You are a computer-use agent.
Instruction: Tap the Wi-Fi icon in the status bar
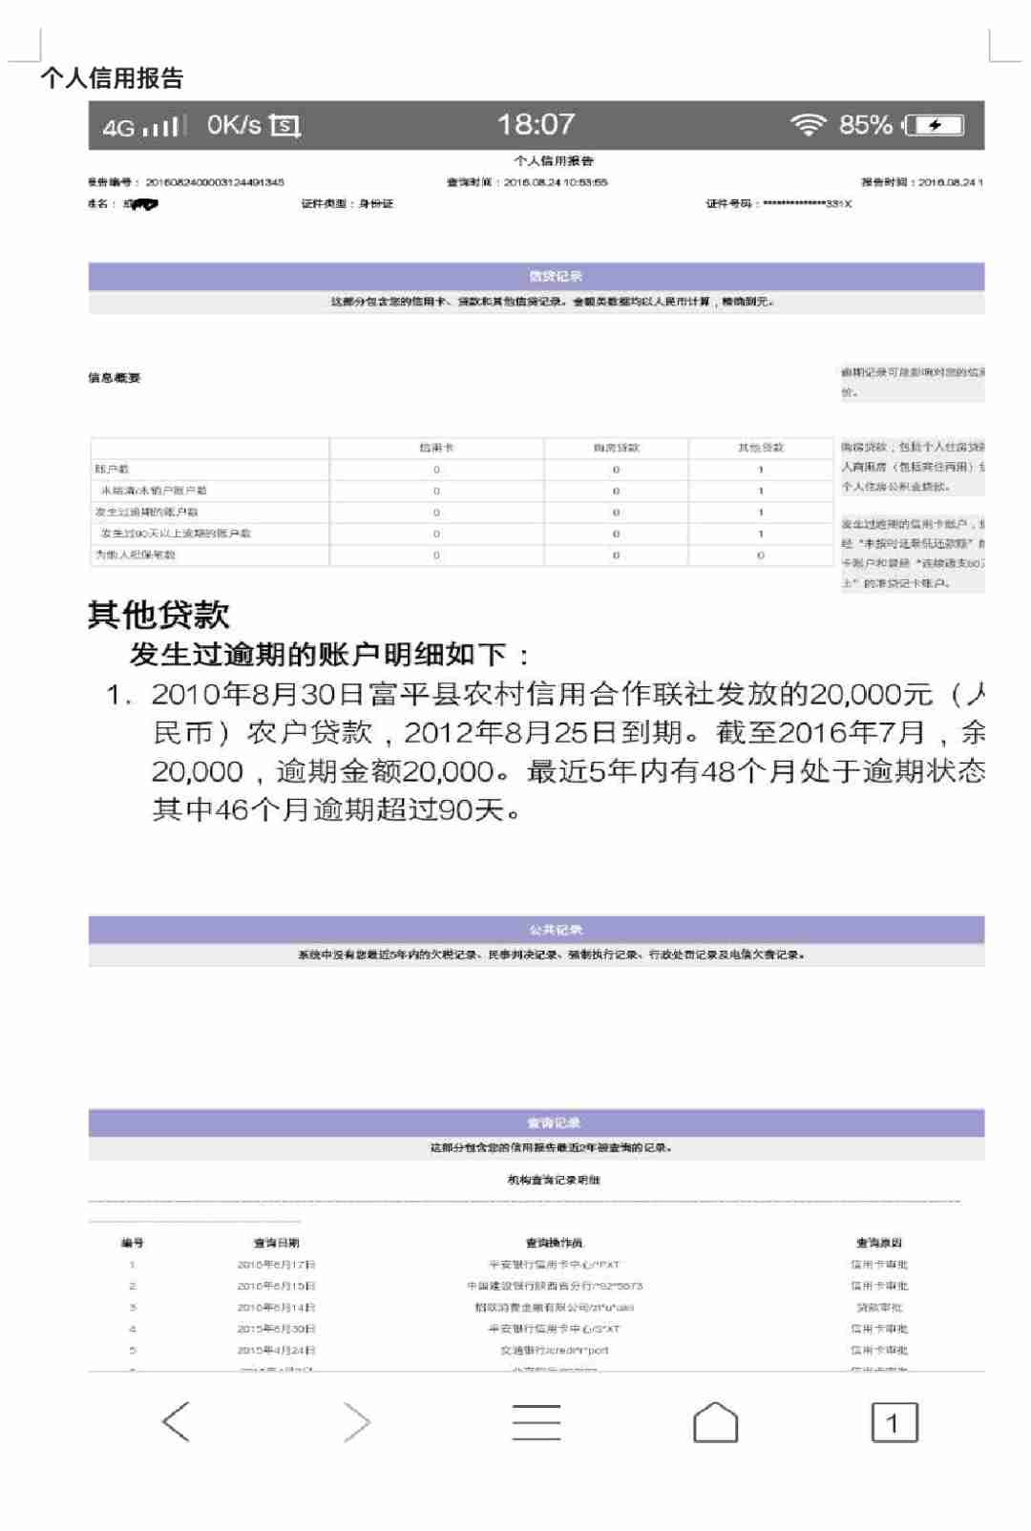tap(808, 125)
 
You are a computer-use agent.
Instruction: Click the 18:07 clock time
tap(536, 124)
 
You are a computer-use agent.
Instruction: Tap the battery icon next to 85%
tap(935, 125)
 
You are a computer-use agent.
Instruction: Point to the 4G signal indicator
tap(143, 126)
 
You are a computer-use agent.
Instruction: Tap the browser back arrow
tap(177, 1422)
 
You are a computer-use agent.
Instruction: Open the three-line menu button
tap(536, 1422)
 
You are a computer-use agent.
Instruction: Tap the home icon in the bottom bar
tap(715, 1422)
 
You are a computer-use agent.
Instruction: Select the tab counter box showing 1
tap(894, 1422)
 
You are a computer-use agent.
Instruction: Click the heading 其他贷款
tap(158, 615)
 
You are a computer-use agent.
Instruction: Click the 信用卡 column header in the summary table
tap(436, 448)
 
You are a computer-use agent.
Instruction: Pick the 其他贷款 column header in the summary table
tap(760, 448)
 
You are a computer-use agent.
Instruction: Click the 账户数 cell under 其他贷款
tap(760, 470)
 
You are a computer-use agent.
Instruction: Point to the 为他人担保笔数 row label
tap(136, 555)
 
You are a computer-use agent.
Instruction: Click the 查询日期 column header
tap(276, 1243)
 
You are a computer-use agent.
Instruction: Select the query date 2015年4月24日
tap(276, 1351)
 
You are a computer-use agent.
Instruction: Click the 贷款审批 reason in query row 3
tap(878, 1308)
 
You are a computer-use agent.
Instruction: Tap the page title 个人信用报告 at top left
tap(112, 78)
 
